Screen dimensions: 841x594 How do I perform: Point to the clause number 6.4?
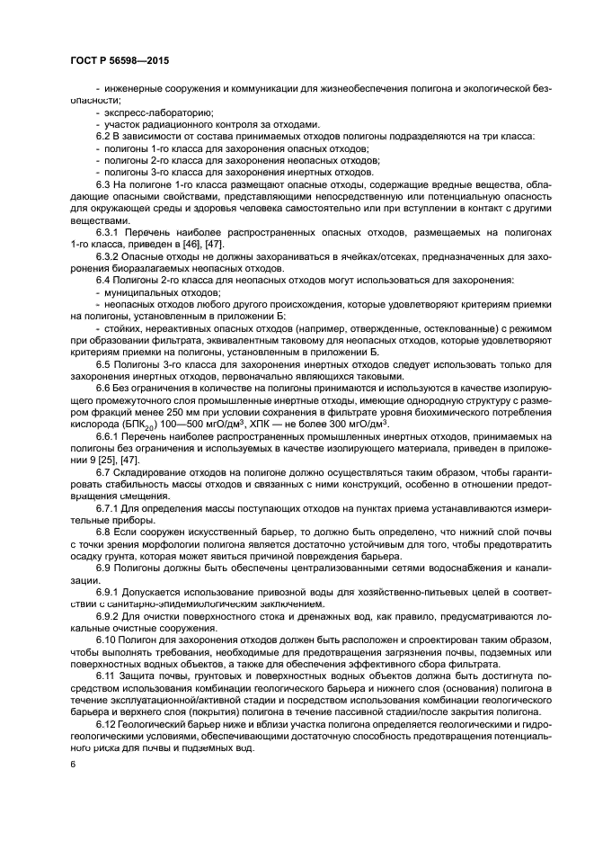click(102, 280)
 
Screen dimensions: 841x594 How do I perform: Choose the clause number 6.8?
click(102, 532)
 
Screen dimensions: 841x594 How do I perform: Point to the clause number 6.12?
click(105, 723)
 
